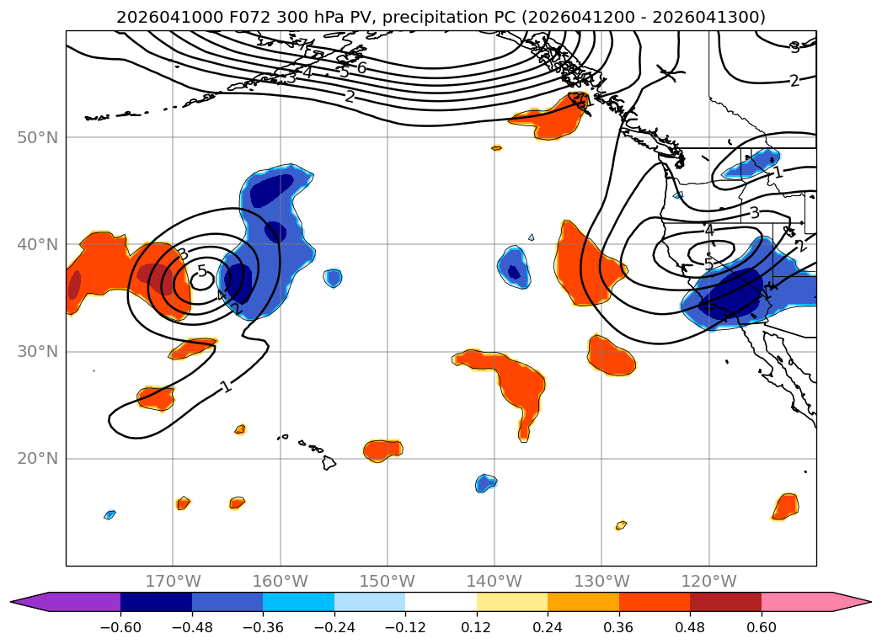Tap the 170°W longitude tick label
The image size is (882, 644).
pyautogui.click(x=173, y=581)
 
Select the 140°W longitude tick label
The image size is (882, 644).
pyautogui.click(x=494, y=581)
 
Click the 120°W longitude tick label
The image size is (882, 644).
pyautogui.click(x=708, y=581)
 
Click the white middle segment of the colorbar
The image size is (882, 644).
pyautogui.click(x=441, y=602)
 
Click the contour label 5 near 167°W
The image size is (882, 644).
pyautogui.click(x=202, y=271)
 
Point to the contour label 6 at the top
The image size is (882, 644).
pyautogui.click(x=361, y=68)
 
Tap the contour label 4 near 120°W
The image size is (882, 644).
pyautogui.click(x=708, y=230)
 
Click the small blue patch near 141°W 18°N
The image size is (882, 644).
pyautogui.click(x=485, y=483)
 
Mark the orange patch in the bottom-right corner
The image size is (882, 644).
pyautogui.click(x=785, y=507)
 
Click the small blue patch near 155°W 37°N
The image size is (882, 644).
pyautogui.click(x=334, y=277)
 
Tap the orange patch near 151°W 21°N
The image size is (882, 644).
pyautogui.click(x=383, y=450)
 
